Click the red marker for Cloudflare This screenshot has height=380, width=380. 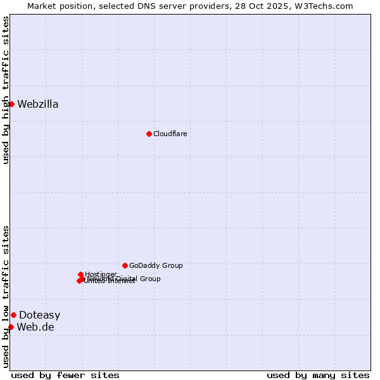[149, 134]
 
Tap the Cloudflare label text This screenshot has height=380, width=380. [170, 134]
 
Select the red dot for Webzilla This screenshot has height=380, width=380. [11, 104]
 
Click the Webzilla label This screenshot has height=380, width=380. [38, 104]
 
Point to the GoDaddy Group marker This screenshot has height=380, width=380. [125, 265]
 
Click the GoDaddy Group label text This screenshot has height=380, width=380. [156, 265]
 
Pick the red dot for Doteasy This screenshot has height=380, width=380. [13, 315]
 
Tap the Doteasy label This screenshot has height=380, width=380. [39, 315]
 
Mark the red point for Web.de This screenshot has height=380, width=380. [11, 327]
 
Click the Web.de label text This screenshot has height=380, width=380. [35, 327]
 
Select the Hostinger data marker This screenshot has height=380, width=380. [80, 274]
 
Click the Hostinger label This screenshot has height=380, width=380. [101, 274]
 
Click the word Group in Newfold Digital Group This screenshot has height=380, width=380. [150, 279]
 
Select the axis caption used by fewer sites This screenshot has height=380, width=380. [65, 376]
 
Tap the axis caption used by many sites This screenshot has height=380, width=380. [318, 376]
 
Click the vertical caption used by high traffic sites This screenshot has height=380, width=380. [6, 90]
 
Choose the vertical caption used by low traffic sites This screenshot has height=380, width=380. [6, 296]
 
